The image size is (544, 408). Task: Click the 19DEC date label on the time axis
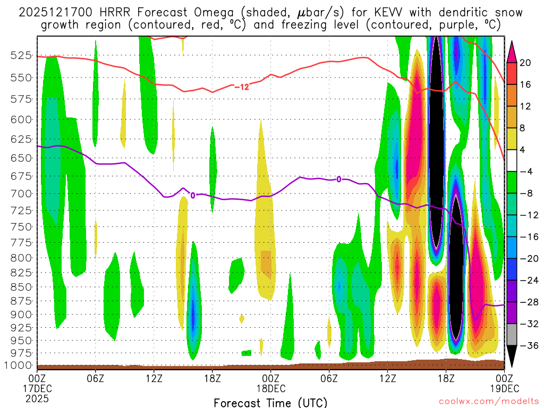[504, 387]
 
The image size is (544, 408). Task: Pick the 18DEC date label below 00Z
[270, 387]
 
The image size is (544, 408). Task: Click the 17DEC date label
[37, 387]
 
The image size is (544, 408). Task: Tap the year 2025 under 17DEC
[37, 398]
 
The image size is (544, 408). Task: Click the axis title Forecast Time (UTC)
[270, 402]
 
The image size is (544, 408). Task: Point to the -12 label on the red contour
[241, 87]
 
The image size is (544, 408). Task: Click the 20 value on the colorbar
[525, 63]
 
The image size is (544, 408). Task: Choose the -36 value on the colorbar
[528, 346]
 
